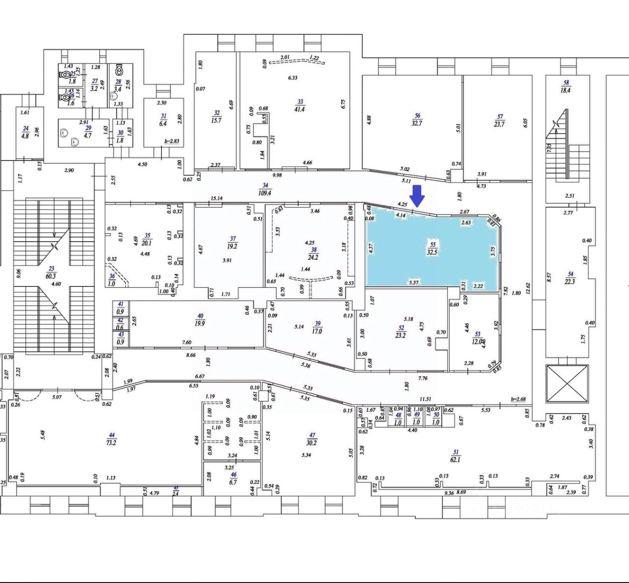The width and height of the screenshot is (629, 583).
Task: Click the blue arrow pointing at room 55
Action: (x=417, y=196)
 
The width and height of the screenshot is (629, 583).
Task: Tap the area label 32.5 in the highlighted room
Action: (x=432, y=251)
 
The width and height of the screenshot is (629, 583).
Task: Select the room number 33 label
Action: (x=299, y=102)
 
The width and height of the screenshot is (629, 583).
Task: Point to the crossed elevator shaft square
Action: (x=567, y=383)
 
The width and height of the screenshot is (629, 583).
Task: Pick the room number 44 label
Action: (x=112, y=435)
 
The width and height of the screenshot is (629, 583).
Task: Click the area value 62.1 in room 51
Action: (x=456, y=460)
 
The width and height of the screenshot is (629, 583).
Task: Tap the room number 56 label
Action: (x=417, y=116)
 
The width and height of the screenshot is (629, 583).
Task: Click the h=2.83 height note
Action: (x=172, y=141)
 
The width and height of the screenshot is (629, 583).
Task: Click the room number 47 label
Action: (x=312, y=435)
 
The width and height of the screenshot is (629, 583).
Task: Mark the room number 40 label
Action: (x=200, y=316)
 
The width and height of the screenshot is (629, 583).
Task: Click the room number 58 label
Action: (x=566, y=83)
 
